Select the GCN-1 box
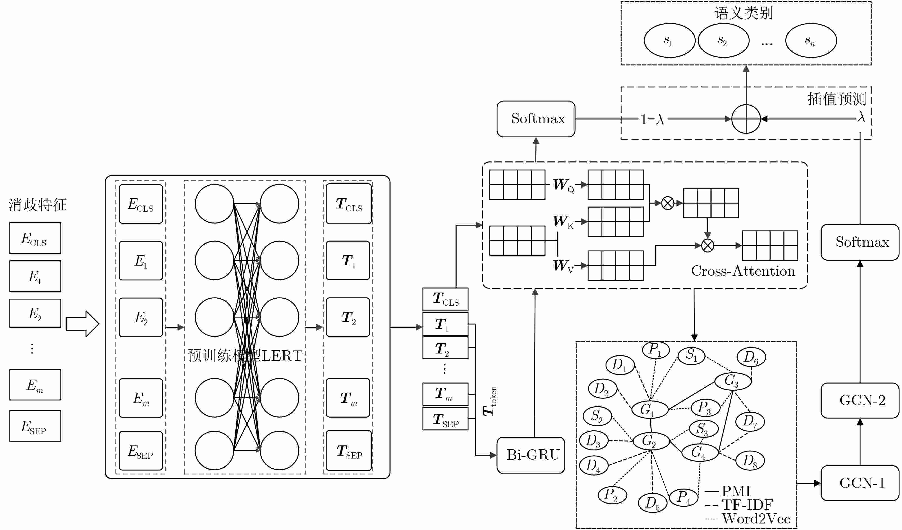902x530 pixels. tap(860, 483)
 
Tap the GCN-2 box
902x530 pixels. tap(860, 400)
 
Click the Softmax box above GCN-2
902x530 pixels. tap(860, 242)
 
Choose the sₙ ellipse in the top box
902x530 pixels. tap(811, 40)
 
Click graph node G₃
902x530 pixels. tap(732, 381)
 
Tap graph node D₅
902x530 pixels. tap(652, 503)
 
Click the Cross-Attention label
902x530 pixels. tap(743, 271)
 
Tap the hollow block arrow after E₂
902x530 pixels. tap(83, 324)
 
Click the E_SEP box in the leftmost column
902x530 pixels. tap(35, 426)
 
